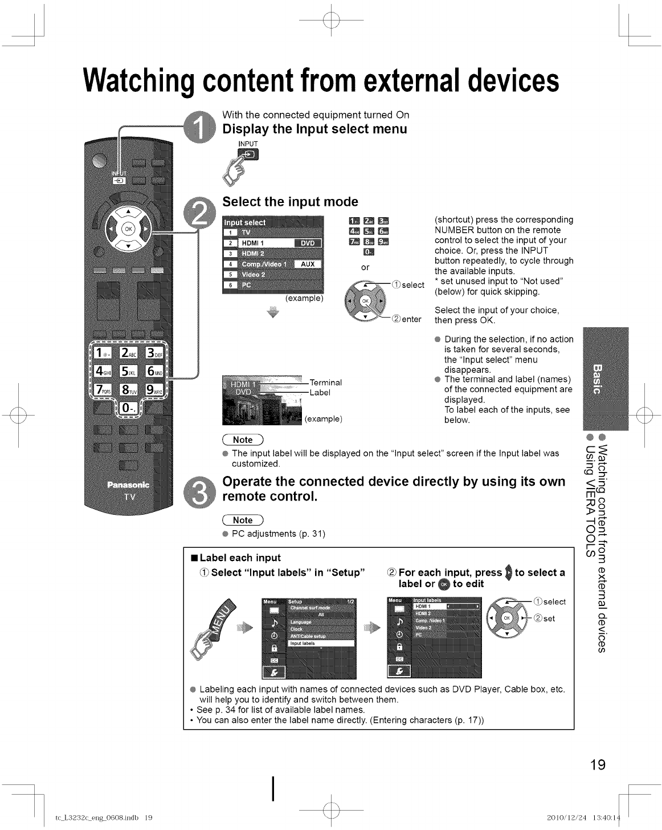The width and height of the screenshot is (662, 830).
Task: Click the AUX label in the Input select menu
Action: pyautogui.click(x=308, y=264)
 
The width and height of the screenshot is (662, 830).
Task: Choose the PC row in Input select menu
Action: pyautogui.click(x=272, y=285)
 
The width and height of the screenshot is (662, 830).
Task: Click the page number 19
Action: pyautogui.click(x=596, y=764)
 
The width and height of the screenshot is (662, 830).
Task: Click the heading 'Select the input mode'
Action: pyautogui.click(x=290, y=202)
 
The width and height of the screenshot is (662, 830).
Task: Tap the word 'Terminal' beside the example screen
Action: pyautogui.click(x=325, y=383)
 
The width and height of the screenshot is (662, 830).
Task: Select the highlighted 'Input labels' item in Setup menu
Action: pyautogui.click(x=321, y=643)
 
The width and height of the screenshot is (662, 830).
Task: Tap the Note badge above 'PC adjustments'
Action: pyautogui.click(x=243, y=520)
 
